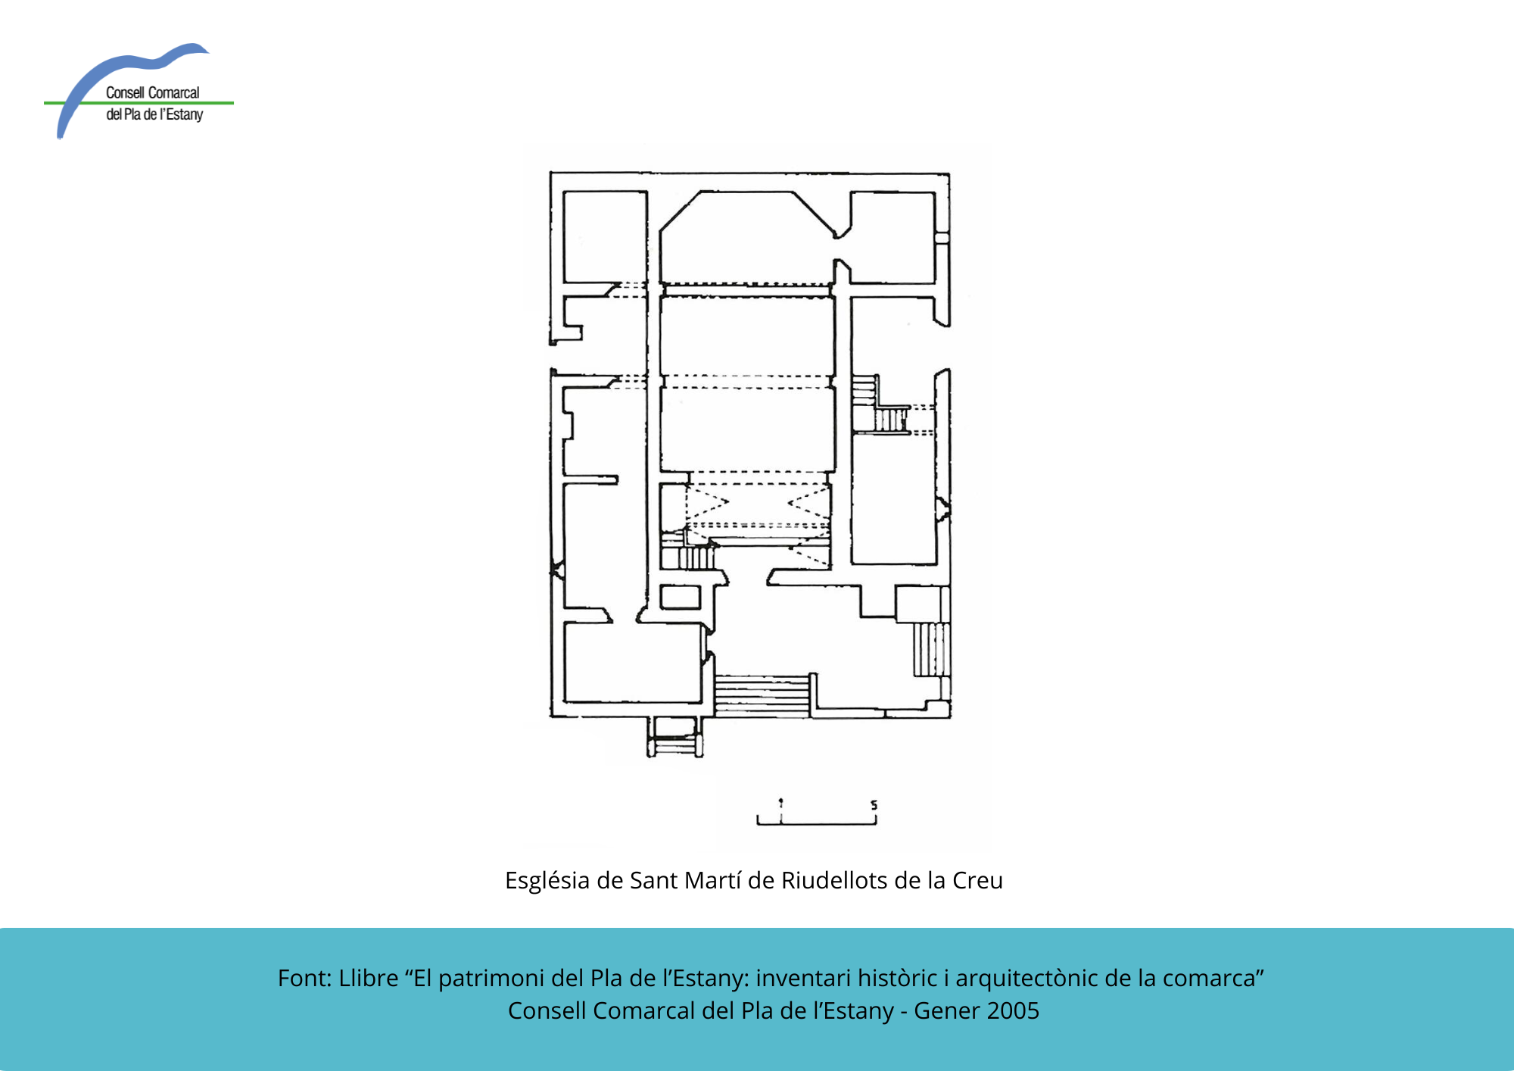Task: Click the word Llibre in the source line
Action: tap(369, 978)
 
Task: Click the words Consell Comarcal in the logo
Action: tap(152, 92)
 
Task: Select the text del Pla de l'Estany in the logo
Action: tap(154, 114)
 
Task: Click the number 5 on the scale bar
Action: tap(874, 804)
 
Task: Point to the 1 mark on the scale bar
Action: tap(781, 803)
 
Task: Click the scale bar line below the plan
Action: tap(817, 823)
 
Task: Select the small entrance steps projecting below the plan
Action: tap(674, 737)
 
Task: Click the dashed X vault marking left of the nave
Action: tap(708, 503)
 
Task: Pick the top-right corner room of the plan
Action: tap(893, 238)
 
